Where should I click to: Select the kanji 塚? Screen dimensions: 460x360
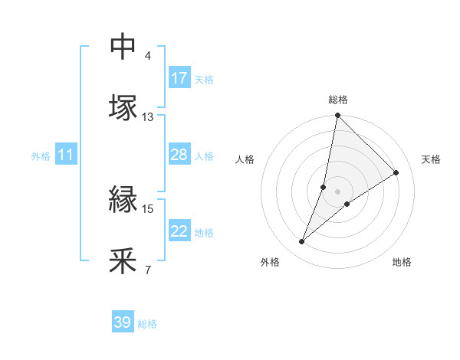[123, 106]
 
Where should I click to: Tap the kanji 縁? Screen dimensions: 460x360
[123, 201]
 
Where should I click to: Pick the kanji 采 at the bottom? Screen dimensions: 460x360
[123, 260]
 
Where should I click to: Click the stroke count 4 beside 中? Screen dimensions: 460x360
[148, 56]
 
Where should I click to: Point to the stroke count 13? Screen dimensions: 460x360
[148, 117]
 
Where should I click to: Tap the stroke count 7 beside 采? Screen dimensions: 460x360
[148, 270]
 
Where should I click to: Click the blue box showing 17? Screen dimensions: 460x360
[179, 78]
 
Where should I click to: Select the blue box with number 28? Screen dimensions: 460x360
[179, 155]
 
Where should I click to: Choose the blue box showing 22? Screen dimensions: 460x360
[179, 231]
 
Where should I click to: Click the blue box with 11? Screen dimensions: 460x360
[66, 155]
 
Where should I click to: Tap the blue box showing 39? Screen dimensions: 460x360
[122, 322]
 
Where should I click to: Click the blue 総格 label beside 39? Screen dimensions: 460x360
[147, 324]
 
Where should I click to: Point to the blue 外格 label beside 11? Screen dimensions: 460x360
[41, 156]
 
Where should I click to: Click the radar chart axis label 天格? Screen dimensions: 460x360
[432, 159]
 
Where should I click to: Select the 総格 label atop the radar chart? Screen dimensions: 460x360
[338, 100]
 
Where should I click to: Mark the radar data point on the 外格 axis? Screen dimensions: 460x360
[302, 242]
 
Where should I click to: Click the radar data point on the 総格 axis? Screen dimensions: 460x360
[338, 116]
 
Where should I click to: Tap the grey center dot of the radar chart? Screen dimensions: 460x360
[338, 191]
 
